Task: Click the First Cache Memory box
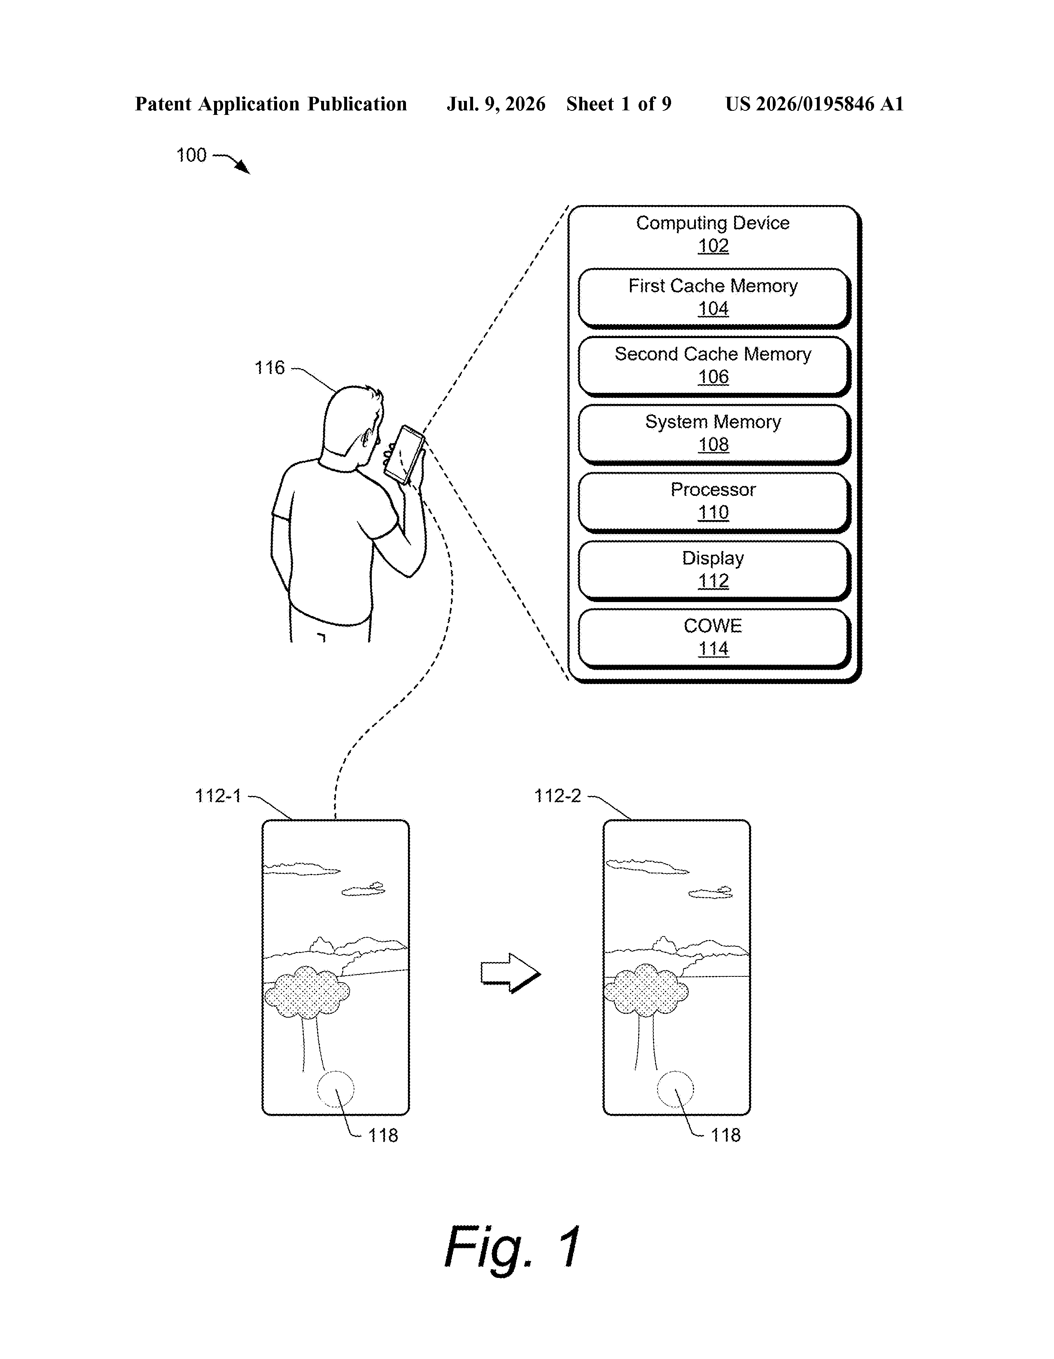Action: pos(714,297)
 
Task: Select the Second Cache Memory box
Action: pos(714,366)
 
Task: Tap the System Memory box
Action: pos(714,434)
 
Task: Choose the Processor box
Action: pos(714,502)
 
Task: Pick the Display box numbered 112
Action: pos(714,570)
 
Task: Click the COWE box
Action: pos(714,638)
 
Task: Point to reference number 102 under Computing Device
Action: pos(713,246)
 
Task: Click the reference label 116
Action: pos(269,368)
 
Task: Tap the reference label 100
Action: pos(191,155)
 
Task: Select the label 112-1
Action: pos(218,796)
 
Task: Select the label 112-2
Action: pos(557,796)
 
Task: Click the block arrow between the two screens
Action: pos(510,973)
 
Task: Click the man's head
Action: pos(352,423)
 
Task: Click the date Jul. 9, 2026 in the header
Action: pos(496,104)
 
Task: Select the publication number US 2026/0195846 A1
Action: pos(814,104)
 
